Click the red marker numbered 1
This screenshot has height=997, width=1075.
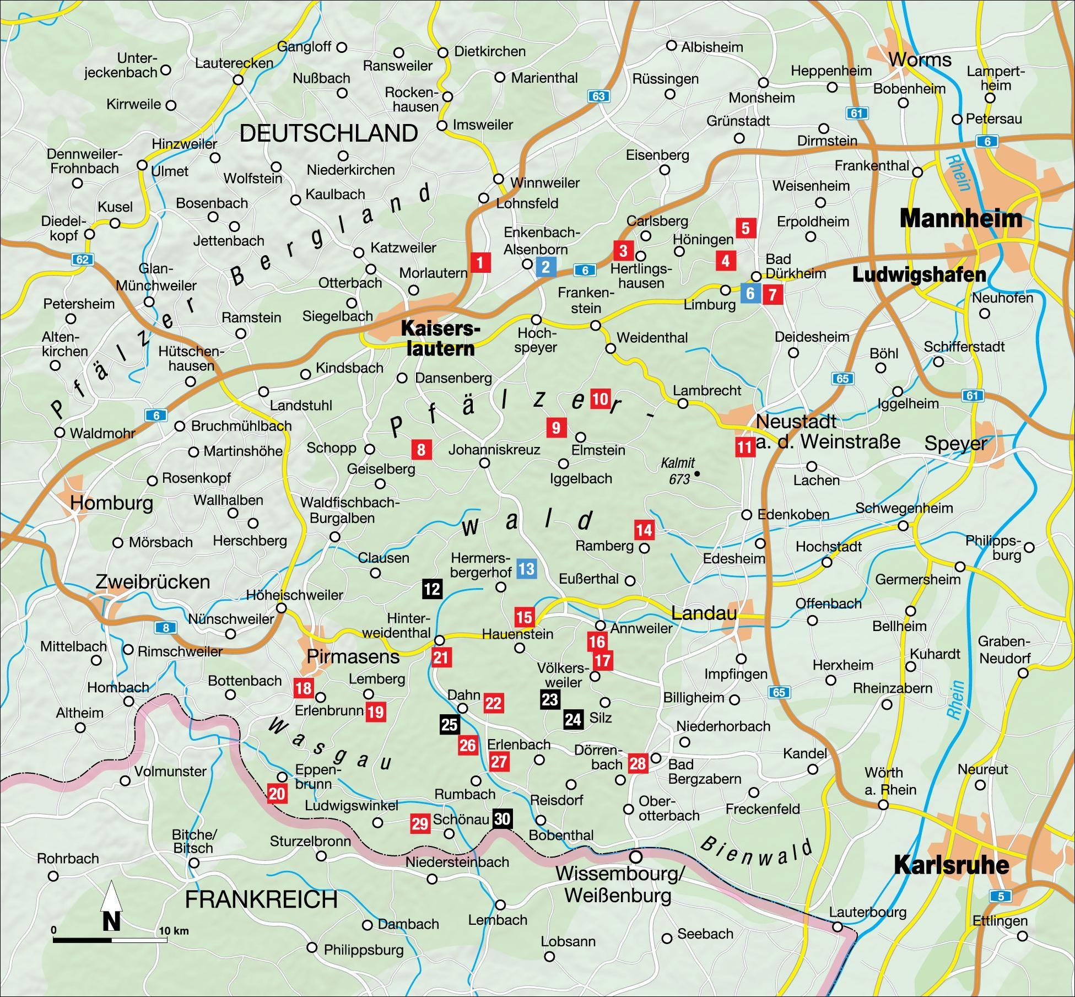click(480, 263)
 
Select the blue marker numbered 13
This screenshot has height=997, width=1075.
click(526, 568)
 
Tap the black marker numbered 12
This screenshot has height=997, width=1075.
click(432, 589)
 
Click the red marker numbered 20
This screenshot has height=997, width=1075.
click(277, 794)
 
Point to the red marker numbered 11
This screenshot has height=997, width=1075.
click(744, 446)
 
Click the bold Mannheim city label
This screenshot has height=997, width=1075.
click(960, 219)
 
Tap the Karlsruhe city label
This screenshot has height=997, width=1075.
click(951, 865)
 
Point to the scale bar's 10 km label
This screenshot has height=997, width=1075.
click(174, 931)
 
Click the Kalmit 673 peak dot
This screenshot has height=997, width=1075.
click(698, 473)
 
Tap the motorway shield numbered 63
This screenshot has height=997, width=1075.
click(598, 96)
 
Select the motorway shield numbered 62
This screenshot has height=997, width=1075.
click(82, 259)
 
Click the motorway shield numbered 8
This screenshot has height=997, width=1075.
click(165, 627)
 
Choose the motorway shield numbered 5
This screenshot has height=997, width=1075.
click(1001, 896)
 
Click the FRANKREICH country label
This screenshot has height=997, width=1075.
click(261, 899)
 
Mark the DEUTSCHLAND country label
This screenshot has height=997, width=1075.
click(329, 133)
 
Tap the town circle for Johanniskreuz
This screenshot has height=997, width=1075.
click(484, 463)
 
